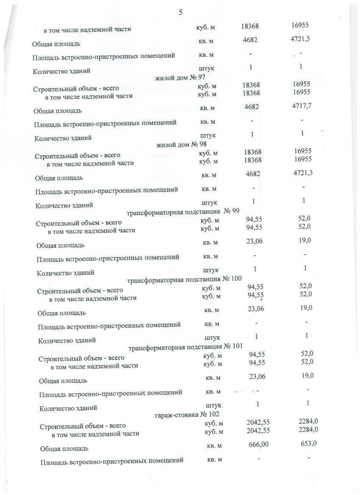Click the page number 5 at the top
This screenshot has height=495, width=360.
click(x=181, y=12)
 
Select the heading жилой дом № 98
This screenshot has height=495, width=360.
click(x=181, y=145)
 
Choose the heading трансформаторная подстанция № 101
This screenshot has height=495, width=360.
click(x=186, y=347)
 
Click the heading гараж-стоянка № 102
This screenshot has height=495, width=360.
click(x=187, y=414)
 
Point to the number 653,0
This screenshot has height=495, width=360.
click(x=308, y=443)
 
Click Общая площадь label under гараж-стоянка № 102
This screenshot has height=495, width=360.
click(x=64, y=448)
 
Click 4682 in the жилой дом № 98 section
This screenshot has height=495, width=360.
click(x=253, y=174)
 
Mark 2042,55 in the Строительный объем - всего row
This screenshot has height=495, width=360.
click(x=258, y=422)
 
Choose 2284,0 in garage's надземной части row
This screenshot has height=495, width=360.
click(x=308, y=429)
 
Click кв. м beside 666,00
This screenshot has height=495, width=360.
click(x=214, y=445)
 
